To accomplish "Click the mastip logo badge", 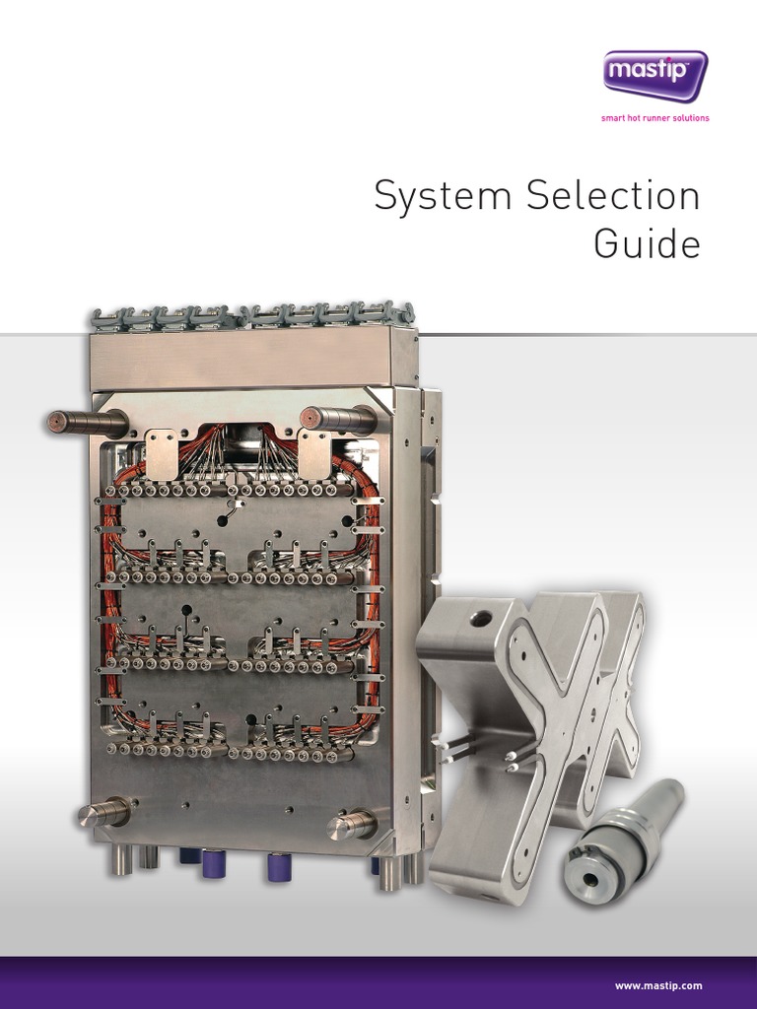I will [x=655, y=75].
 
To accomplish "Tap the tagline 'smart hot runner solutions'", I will [x=655, y=119].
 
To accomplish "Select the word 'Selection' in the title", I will [x=613, y=196].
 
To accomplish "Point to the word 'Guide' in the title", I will [x=647, y=243].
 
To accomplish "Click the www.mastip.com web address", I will [x=658, y=985].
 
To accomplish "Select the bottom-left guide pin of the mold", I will [x=103, y=813].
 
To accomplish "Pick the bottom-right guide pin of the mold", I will [x=353, y=823].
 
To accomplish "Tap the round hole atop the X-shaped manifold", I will [x=481, y=619].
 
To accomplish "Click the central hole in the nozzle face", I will [x=591, y=880].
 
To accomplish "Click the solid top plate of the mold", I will [x=251, y=360].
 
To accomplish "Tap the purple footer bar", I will [x=378, y=982].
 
